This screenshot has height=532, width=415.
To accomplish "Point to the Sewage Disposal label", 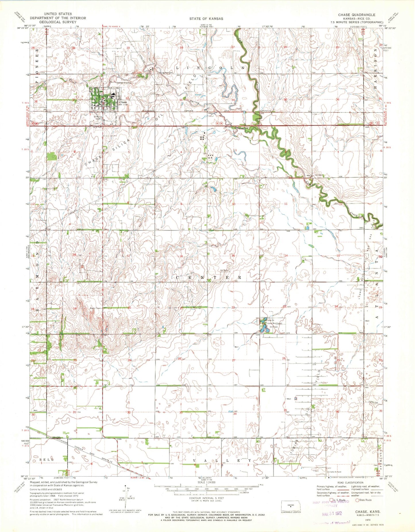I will pos(124,83).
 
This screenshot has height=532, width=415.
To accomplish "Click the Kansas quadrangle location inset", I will pos(291,505).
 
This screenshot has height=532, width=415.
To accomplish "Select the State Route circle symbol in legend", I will pos(358,500).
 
